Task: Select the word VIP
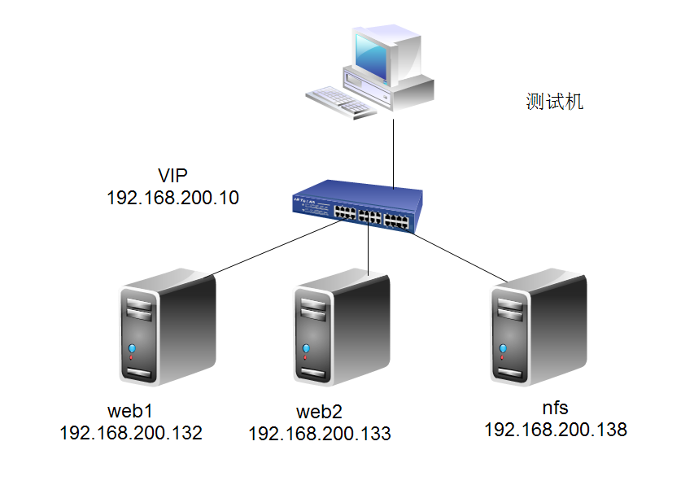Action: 172,176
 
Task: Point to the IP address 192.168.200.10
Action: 172,197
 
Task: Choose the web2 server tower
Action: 341,330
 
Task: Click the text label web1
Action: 130,409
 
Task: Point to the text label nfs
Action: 555,407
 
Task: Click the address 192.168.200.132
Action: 130,432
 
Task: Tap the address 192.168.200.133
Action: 319,434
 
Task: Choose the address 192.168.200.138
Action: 555,429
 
